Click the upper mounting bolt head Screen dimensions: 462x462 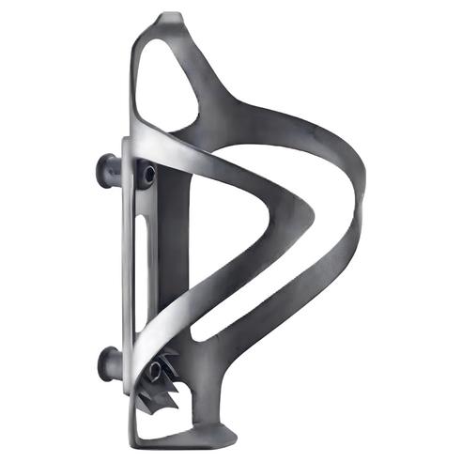click(x=105, y=170)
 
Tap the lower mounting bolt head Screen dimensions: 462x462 click(x=106, y=361)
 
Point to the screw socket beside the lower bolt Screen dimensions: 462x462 click(x=152, y=369)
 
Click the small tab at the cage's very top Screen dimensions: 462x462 click(x=170, y=17)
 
